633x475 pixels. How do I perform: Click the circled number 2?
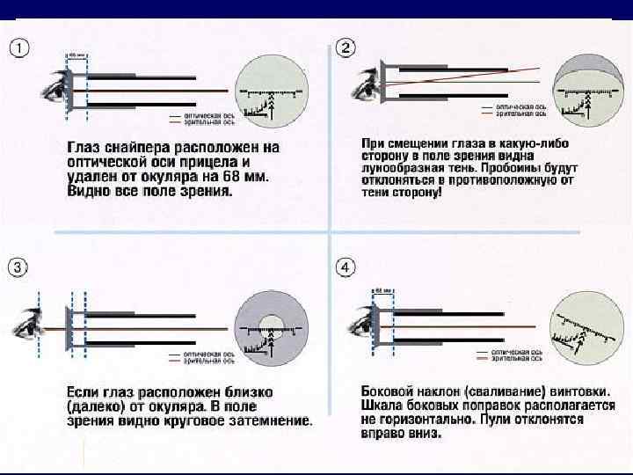pos(346,47)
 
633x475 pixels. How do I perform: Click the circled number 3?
pos(18,266)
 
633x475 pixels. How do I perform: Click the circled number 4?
pos(346,266)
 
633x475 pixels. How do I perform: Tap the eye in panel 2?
pos(359,84)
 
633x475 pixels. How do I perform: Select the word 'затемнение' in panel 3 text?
pos(272,421)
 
